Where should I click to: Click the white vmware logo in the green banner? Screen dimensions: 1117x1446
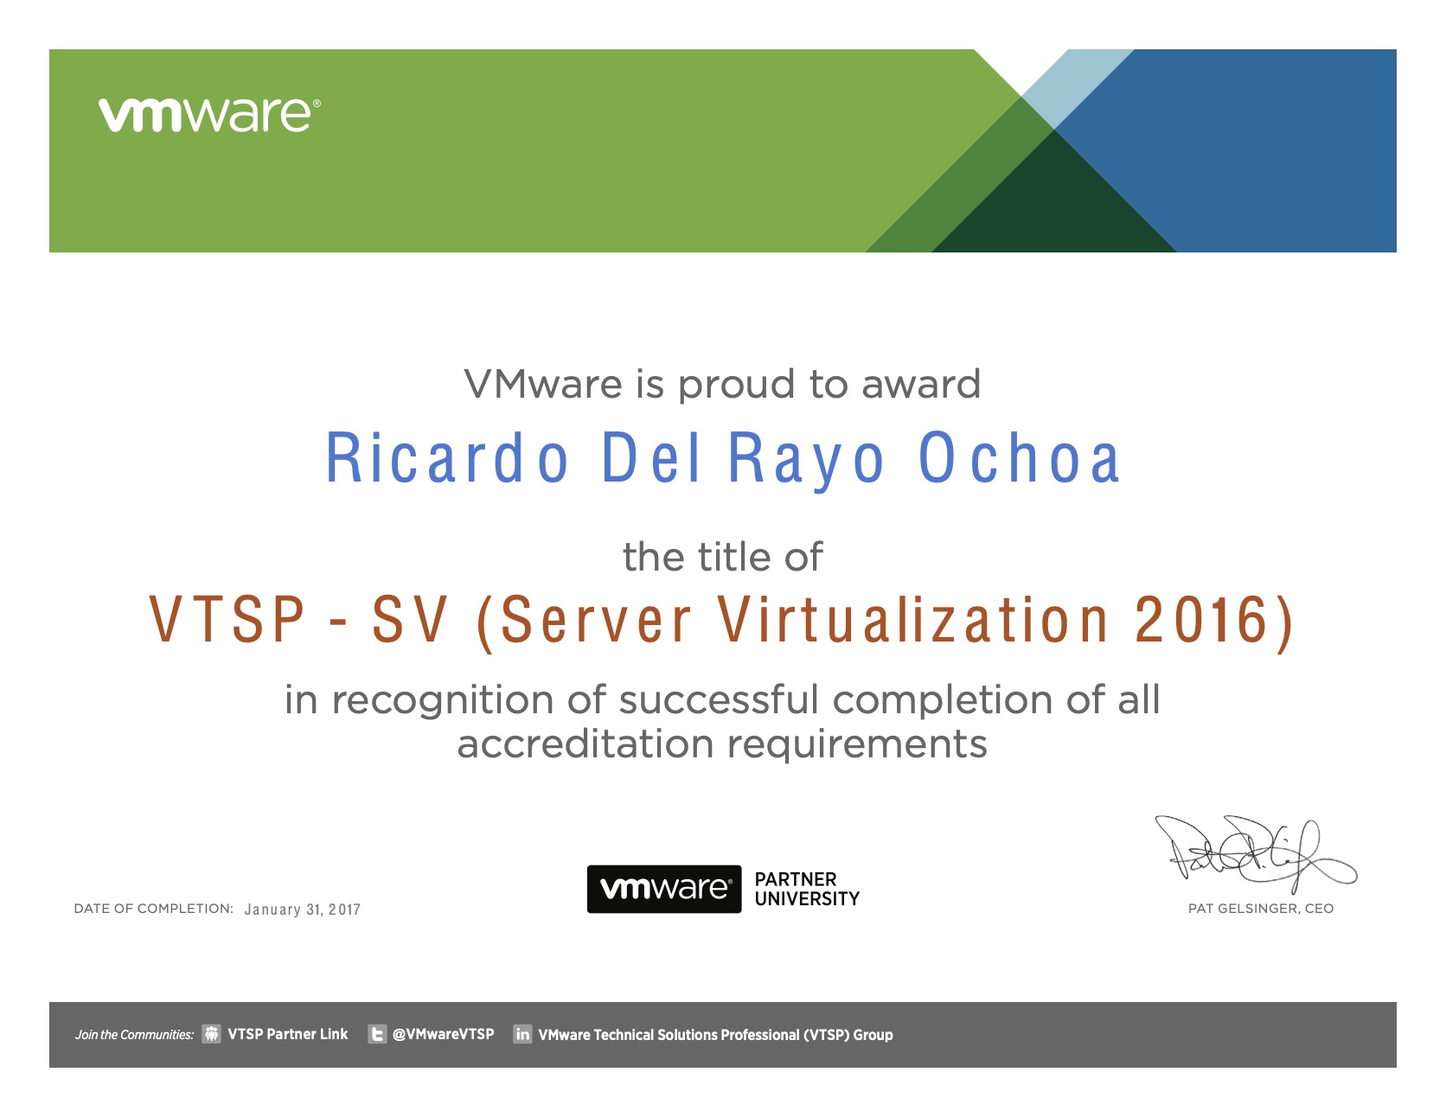[209, 115]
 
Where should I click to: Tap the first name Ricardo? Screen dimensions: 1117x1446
[446, 458]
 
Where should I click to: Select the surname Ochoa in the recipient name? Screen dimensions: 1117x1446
[1019, 458]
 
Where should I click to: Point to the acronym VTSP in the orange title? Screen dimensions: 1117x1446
[227, 619]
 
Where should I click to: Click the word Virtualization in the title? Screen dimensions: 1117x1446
[913, 619]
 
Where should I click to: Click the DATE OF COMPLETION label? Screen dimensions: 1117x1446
[153, 909]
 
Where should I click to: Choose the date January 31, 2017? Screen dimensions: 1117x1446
[302, 910]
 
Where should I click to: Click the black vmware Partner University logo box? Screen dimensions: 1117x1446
[663, 889]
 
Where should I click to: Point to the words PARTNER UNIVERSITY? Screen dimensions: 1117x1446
[806, 889]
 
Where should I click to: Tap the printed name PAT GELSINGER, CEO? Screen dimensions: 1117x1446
[1260, 909]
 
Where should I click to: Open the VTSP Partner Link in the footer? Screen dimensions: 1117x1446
[287, 1034]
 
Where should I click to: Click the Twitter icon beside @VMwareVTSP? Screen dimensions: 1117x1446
[377, 1034]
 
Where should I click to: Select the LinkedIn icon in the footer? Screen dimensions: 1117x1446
[522, 1034]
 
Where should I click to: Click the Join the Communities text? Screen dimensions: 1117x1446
[134, 1035]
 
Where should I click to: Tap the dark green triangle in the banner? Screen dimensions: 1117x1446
[1053, 207]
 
